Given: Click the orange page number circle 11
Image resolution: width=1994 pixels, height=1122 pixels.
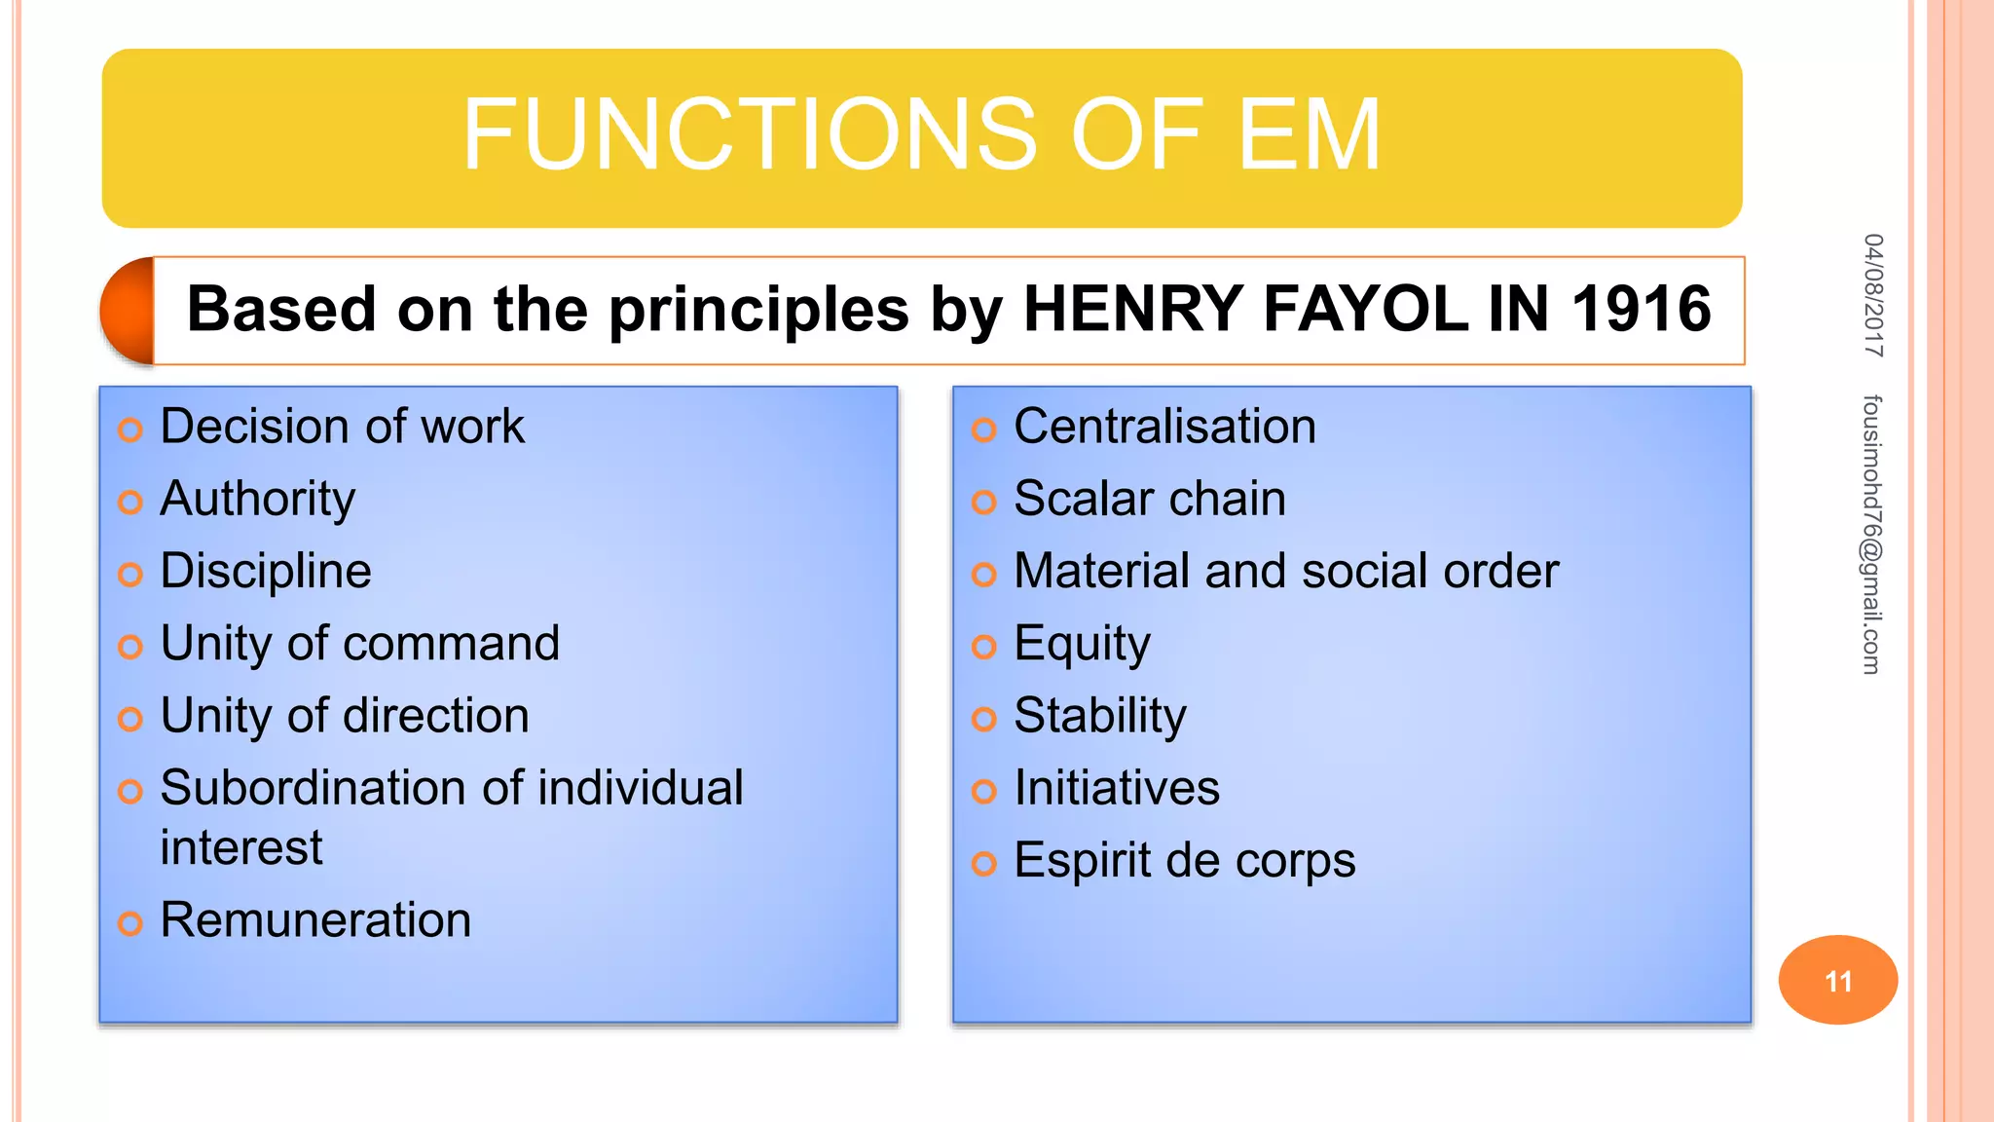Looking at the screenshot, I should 1837,980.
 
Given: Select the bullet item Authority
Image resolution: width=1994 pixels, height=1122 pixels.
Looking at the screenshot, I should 258,499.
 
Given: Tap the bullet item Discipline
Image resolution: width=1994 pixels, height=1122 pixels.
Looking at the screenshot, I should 266,571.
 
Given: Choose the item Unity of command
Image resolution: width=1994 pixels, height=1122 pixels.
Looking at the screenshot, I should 360,644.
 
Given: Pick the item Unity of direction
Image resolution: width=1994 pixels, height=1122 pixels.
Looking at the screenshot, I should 345,716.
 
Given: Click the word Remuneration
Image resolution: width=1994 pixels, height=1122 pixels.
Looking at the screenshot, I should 315,920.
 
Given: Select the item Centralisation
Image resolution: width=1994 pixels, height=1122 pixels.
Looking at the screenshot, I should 1164,427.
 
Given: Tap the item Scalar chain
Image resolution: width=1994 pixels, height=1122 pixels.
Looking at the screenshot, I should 1150,499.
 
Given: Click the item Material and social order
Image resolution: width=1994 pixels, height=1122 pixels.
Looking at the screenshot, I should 1286,571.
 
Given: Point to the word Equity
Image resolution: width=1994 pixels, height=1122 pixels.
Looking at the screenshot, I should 1082,644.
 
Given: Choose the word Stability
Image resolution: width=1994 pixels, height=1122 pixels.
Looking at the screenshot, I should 1100,716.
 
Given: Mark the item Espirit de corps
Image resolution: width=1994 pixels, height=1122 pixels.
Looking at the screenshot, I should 1184,861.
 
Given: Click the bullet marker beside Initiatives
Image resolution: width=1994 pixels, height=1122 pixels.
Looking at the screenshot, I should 984,791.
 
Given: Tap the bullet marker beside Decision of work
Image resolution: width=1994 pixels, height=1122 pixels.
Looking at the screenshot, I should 130,430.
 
